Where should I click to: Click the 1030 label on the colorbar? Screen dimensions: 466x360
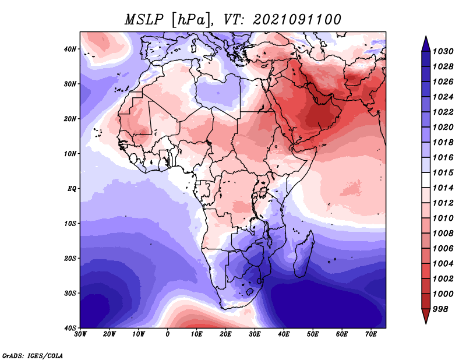pos(443,51)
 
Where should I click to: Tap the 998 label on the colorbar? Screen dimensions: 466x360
pos(440,309)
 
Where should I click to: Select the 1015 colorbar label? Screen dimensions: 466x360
pos(443,172)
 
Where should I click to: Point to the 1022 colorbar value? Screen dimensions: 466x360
pos(443,112)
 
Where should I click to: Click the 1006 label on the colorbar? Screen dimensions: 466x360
pos(443,249)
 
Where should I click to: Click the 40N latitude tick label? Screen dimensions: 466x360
pos(70,49)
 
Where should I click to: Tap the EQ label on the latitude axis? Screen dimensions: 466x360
pos(72,189)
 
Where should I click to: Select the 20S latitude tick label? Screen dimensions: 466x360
pos(70,258)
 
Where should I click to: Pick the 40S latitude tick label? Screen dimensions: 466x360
pos(70,328)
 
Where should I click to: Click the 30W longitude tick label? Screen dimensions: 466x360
pos(80,334)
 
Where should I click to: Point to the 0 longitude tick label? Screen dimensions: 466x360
pos(168,334)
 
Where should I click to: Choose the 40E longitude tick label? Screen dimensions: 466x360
pos(284,334)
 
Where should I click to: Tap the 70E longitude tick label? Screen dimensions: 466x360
pos(371,334)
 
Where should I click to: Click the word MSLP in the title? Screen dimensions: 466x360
pos(144,20)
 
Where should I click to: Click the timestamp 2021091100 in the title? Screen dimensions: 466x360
pos(297,20)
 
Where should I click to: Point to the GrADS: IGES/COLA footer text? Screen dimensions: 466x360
pos(33,355)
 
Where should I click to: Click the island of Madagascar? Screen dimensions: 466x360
pos(303,256)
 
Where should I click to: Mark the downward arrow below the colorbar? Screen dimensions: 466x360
pos(426,316)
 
